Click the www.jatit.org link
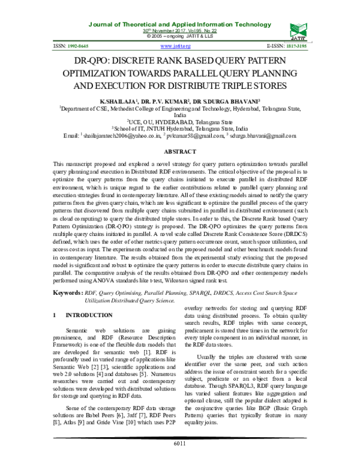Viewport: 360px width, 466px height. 173,45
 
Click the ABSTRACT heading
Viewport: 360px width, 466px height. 180,153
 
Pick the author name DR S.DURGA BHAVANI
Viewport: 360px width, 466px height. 228,103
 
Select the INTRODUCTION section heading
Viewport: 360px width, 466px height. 88,315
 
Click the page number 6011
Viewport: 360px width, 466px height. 180,460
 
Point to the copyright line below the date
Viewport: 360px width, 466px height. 179,36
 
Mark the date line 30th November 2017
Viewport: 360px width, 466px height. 179,30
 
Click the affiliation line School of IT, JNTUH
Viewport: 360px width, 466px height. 179,128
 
